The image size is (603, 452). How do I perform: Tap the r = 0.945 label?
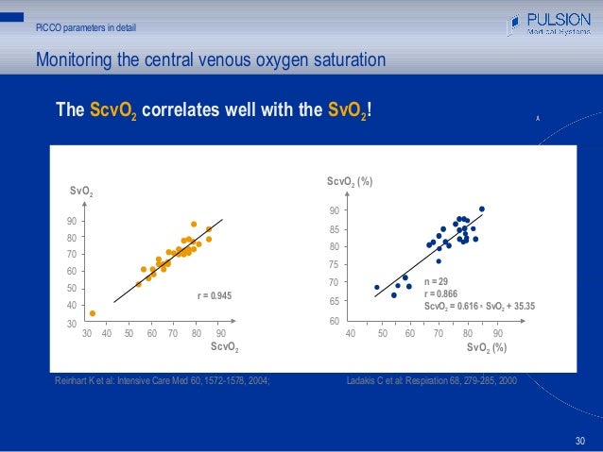click(214, 296)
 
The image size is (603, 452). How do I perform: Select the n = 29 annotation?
click(438, 281)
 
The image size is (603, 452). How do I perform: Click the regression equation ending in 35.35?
click(479, 306)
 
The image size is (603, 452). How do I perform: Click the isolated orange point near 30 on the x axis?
click(93, 313)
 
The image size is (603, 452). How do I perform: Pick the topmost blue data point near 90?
click(482, 209)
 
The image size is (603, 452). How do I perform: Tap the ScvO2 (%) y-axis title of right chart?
click(351, 180)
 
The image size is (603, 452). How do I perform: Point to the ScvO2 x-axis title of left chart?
click(223, 348)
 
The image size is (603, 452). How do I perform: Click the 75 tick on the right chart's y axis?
click(334, 265)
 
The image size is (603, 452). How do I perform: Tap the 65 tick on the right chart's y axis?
click(334, 301)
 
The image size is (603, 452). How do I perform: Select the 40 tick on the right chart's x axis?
click(350, 334)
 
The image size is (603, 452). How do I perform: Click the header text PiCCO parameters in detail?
click(85, 26)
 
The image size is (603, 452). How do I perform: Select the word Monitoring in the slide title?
click(75, 60)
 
